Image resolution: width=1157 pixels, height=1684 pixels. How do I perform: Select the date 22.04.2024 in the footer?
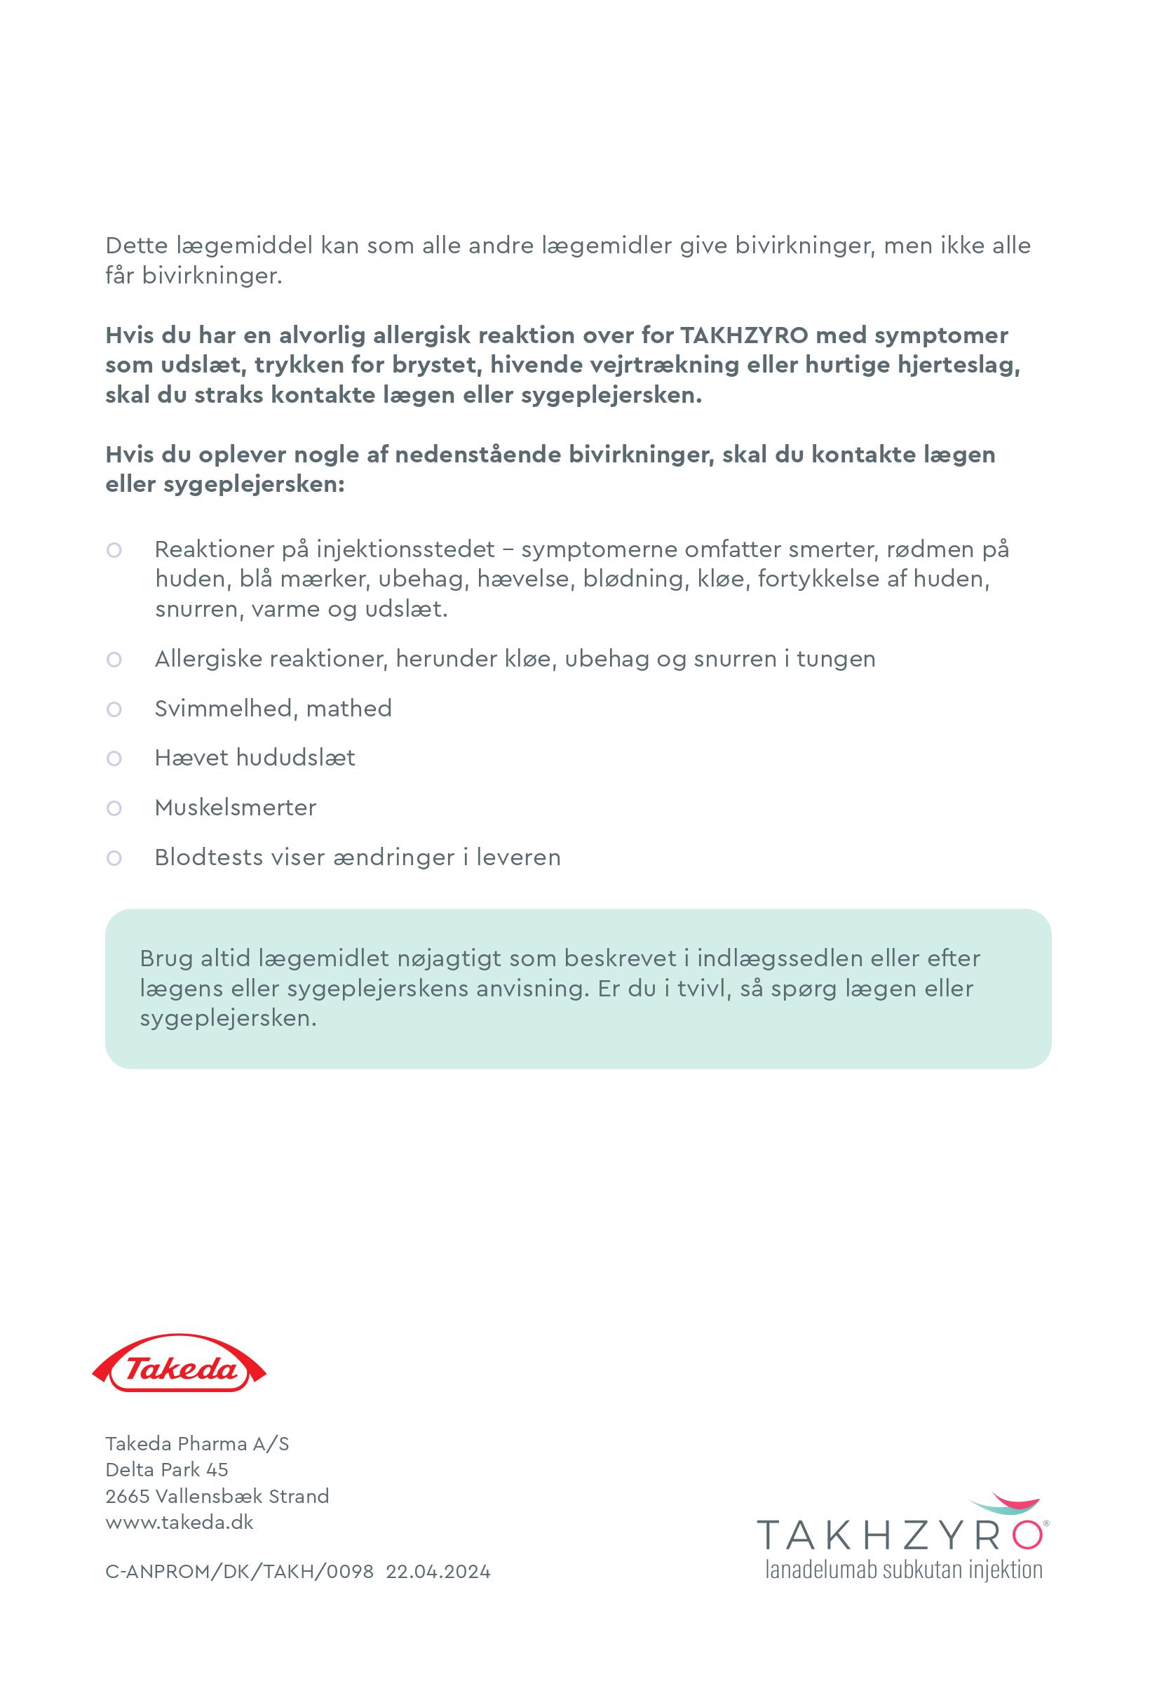[x=438, y=1572]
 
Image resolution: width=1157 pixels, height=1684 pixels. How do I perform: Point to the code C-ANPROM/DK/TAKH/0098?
[x=239, y=1572]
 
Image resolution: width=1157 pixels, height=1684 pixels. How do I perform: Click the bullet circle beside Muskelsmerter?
[x=114, y=808]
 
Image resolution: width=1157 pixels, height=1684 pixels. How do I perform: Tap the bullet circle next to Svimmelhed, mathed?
[x=114, y=709]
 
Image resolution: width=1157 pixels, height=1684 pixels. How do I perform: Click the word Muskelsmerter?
[x=236, y=808]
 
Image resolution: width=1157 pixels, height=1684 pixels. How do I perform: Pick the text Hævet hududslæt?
[x=255, y=758]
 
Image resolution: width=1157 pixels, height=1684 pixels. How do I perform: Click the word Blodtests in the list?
[x=209, y=857]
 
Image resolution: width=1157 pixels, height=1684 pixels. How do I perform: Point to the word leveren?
[x=517, y=857]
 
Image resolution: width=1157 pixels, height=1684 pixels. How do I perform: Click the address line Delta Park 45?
[x=167, y=1469]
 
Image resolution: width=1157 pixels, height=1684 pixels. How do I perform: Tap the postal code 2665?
[x=127, y=1495]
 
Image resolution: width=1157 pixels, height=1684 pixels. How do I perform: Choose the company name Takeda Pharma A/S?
[x=197, y=1443]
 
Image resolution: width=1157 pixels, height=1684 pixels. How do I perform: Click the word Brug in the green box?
[x=166, y=958]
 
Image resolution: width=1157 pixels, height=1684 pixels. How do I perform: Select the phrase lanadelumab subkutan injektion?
[x=904, y=1570]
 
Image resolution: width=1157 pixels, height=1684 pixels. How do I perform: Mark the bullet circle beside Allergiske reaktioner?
[x=114, y=660]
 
